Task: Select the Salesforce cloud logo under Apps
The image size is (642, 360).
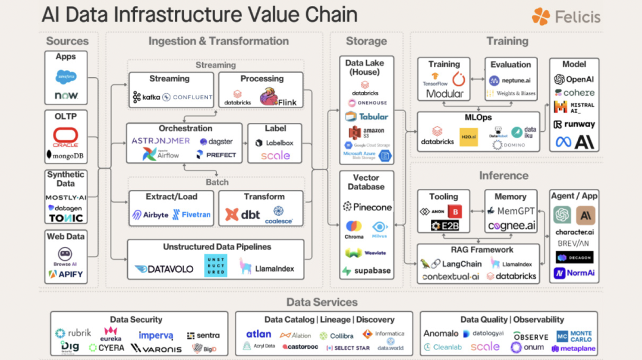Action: pos(65,77)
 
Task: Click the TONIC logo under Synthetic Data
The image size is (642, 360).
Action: pos(65,218)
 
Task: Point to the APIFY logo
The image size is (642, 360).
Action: pos(66,274)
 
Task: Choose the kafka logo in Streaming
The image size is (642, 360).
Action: pos(146,97)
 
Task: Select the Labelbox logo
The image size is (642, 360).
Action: pos(274,143)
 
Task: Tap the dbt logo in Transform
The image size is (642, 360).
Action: pos(243,214)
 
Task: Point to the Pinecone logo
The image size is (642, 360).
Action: pos(367,207)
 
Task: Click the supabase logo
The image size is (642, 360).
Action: pos(366,271)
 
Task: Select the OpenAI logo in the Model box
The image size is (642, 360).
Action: pos(574,80)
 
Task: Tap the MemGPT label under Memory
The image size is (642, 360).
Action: pos(511,211)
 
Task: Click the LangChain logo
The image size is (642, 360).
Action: pos(451,264)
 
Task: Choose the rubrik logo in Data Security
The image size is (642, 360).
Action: pos(73,333)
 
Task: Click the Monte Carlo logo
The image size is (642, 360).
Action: pos(574,336)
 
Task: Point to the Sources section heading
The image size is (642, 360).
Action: pos(67,41)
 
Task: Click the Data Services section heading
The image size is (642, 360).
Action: pos(322,302)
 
